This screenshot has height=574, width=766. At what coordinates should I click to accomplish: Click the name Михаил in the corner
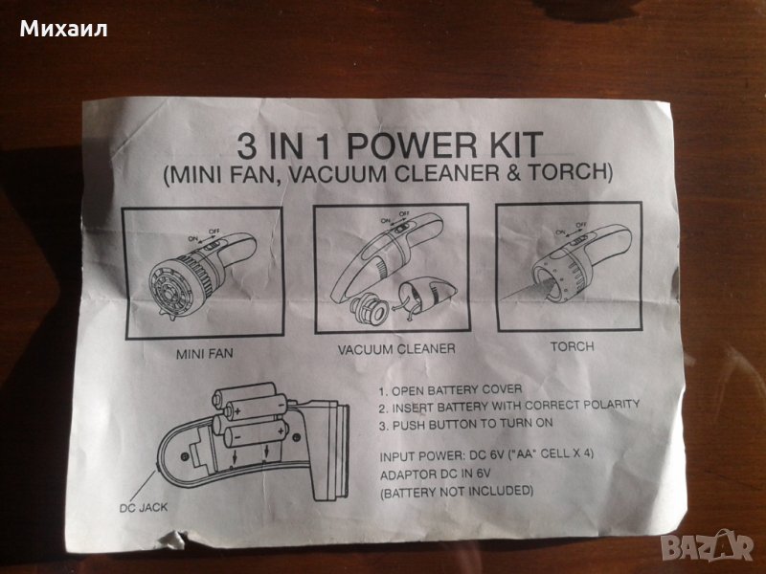click(63, 30)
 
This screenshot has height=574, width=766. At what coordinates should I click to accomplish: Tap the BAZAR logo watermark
click(710, 546)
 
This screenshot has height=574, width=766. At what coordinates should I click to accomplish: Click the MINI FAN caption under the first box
click(205, 353)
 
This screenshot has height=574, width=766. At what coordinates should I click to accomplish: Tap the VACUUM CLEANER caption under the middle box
click(396, 348)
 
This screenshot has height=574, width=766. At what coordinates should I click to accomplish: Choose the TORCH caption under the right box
click(572, 346)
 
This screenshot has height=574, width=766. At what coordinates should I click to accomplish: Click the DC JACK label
click(143, 508)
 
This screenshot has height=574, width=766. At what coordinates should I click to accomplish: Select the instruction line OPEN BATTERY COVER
click(450, 390)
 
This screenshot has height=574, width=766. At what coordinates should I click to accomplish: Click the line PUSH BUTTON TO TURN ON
click(465, 424)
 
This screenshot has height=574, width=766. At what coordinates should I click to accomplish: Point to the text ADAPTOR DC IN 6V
click(436, 474)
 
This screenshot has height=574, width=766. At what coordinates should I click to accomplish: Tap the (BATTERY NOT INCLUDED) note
click(457, 491)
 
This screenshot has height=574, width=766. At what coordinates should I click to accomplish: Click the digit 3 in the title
click(247, 146)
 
